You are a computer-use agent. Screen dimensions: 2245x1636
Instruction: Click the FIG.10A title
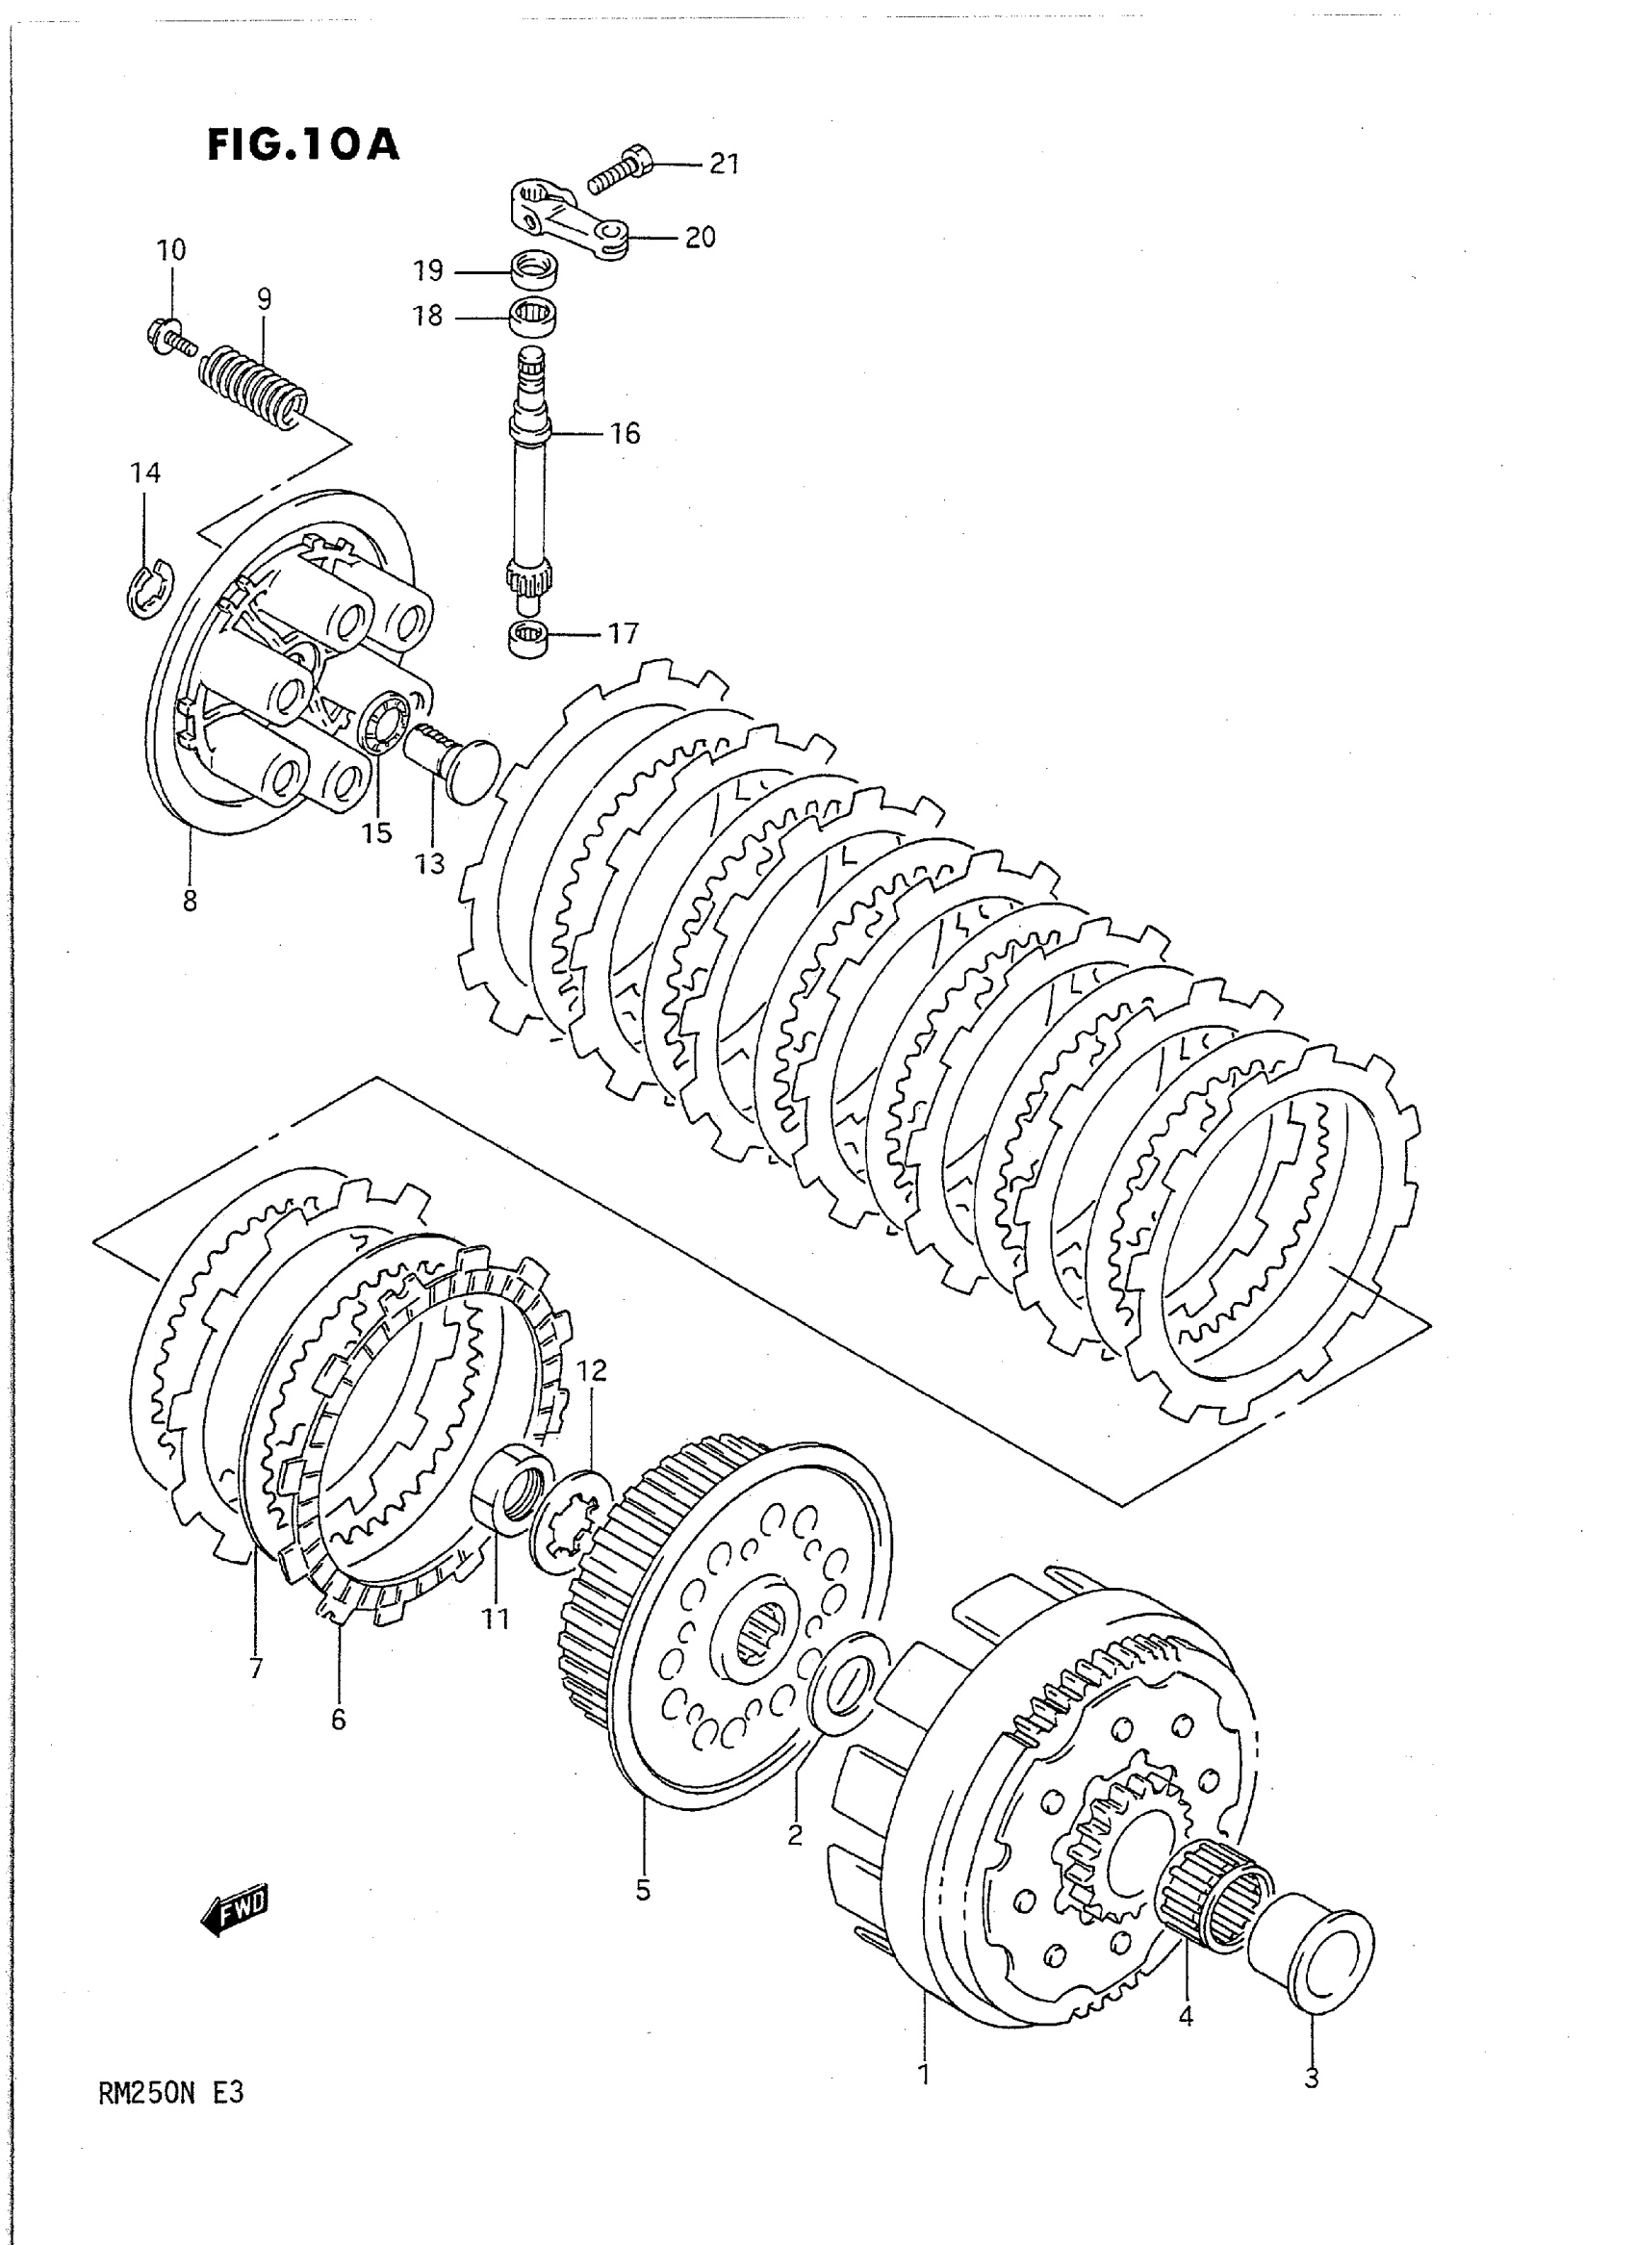coord(302,145)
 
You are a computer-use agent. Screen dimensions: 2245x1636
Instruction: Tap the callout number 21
coord(724,165)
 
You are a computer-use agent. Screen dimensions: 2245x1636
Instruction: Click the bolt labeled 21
coord(621,167)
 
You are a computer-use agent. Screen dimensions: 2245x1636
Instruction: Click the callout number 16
coord(625,434)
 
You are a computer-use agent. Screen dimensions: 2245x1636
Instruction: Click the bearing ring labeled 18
coord(534,316)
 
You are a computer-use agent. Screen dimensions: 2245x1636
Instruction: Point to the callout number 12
coord(591,1371)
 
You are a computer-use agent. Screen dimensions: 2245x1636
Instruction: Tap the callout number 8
coord(190,900)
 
